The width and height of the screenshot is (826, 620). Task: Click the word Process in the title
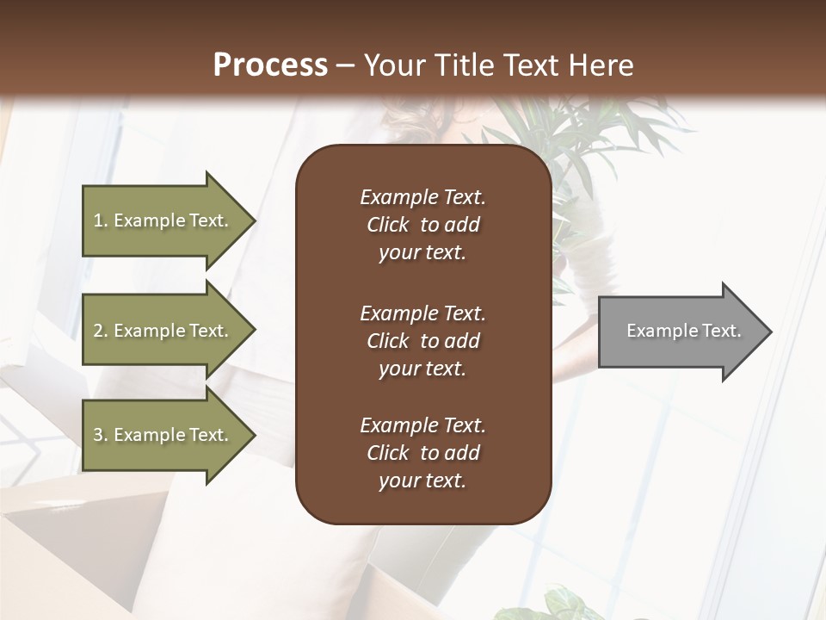pos(270,65)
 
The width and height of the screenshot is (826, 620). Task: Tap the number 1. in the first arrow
pos(101,220)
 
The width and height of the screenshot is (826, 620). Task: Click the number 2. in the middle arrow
pos(101,331)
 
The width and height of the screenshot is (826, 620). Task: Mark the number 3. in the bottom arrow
pos(101,435)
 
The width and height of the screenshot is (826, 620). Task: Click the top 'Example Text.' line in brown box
pos(422,197)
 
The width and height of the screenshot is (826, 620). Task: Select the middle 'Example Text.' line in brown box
pos(422,313)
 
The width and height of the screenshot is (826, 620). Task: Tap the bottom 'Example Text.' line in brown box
pos(422,425)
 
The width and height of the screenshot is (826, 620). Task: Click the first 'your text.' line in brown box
pos(422,253)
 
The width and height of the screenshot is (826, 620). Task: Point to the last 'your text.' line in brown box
pos(422,481)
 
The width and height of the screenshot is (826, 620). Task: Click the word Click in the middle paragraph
pos(387,341)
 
